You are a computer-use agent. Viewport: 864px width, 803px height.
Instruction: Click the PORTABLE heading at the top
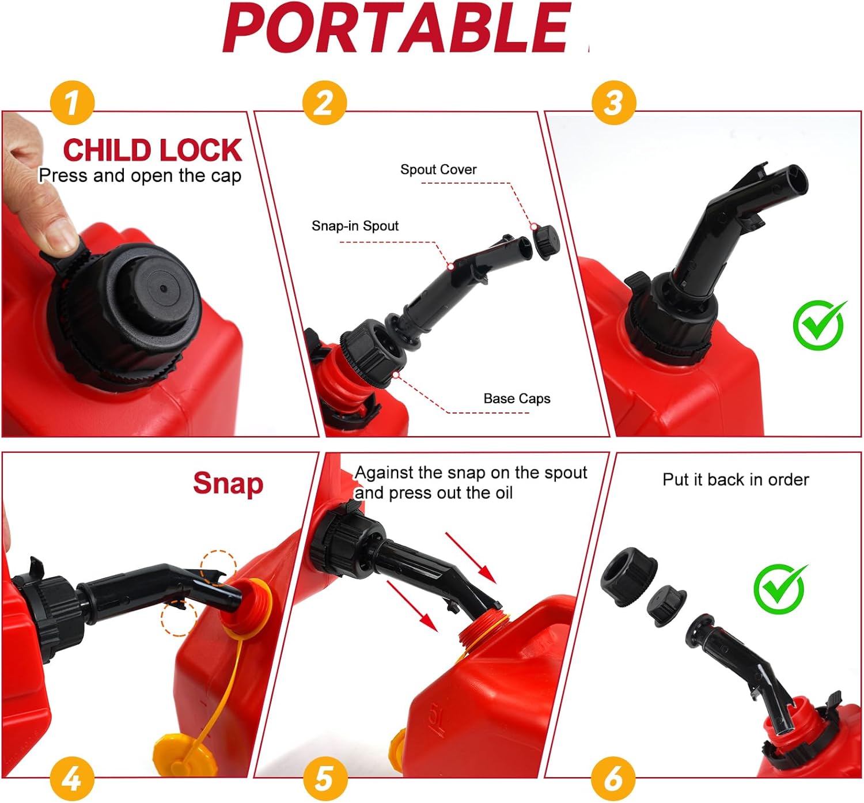click(397, 28)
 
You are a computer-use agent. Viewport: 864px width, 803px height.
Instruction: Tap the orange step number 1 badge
click(72, 103)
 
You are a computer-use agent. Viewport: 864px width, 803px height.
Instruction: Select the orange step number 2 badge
click(324, 103)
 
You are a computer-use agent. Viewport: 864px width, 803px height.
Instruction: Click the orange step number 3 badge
click(614, 103)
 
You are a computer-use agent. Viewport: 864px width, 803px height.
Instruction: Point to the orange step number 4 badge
click(72, 779)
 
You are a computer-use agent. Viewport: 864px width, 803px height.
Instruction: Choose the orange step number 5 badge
click(324, 779)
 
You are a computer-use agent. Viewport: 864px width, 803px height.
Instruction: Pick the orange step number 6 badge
click(614, 779)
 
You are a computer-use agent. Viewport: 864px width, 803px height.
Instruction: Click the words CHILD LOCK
click(152, 150)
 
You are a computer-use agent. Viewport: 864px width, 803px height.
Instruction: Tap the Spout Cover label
click(438, 169)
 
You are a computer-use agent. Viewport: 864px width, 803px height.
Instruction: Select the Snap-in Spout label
click(355, 226)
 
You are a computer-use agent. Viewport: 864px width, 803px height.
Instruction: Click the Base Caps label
click(517, 399)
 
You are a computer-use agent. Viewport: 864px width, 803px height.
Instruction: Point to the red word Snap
click(228, 484)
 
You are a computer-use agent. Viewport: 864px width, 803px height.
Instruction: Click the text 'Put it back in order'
click(736, 480)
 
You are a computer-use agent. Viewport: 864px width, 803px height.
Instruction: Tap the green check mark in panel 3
click(820, 325)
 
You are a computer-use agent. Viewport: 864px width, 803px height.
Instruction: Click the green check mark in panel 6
click(780, 589)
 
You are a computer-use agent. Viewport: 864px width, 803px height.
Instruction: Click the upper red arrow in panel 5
click(471, 558)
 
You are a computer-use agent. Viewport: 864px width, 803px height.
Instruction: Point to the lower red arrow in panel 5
click(412, 606)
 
